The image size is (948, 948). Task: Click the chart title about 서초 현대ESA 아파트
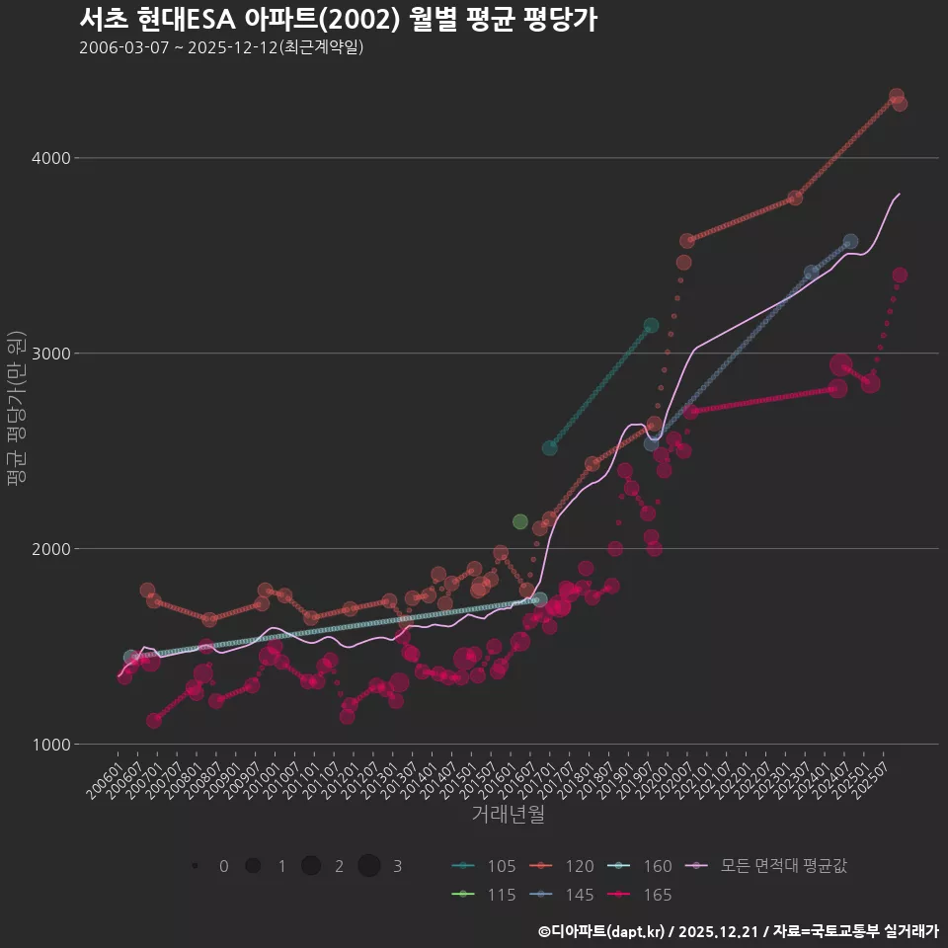tap(338, 20)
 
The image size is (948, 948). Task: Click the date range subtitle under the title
tap(221, 47)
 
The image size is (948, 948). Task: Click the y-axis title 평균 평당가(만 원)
tap(17, 411)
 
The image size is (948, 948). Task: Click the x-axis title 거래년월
tap(508, 815)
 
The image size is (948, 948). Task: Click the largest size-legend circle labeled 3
tap(369, 866)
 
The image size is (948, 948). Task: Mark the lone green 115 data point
tap(520, 521)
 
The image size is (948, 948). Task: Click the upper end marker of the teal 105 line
tap(651, 325)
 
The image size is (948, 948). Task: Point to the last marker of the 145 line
tap(850, 242)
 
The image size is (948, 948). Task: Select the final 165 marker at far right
tap(900, 276)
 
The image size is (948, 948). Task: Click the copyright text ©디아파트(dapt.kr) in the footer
tap(602, 931)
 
